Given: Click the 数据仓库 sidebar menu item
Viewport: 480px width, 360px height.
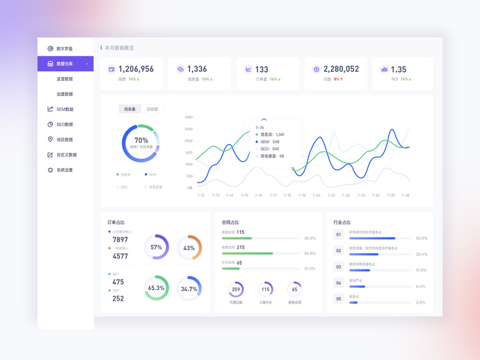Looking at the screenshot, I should point(65,64).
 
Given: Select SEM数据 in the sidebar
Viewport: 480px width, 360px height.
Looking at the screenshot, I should point(65,109).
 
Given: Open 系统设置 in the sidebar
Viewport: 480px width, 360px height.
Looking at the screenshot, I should point(65,170).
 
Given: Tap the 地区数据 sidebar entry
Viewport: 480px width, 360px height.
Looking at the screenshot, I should point(65,140).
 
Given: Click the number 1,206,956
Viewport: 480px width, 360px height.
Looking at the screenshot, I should point(136,69).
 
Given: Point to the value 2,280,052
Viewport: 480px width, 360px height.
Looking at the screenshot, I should point(341,69).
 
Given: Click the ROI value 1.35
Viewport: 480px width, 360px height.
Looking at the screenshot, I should point(398,70).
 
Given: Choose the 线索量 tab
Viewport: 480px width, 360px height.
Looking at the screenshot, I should point(130,109).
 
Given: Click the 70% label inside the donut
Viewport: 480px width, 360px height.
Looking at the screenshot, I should point(141,140).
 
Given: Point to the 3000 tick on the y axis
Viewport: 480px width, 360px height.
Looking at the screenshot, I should point(188,117).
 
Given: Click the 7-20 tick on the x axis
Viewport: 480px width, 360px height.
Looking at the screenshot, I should point(316,195).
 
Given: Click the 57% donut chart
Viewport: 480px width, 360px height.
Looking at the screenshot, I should point(156,247).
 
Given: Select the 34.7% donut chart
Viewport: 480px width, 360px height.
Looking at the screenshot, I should point(189,289).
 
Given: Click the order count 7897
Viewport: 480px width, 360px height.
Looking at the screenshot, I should point(120,239).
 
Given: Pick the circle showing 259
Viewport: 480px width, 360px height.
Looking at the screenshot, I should point(236,289).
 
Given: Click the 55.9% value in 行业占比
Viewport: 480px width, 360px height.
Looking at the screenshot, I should point(421,238).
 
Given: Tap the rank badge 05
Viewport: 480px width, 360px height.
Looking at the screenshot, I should point(338,298).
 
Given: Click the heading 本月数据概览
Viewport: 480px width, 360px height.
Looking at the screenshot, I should point(119,48).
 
